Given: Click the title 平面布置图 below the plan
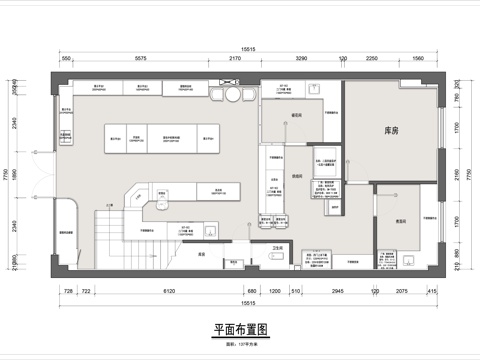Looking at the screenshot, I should point(240,329).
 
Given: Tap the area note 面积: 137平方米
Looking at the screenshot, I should point(240,341).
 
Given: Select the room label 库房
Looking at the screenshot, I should point(392,131).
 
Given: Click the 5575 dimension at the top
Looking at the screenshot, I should point(141,59).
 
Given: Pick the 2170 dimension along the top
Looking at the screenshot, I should point(235,59).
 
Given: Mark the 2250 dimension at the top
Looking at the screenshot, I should point(371,59).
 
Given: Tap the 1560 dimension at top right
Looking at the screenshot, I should point(418,59).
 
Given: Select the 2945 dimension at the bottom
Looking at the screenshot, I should point(337,290).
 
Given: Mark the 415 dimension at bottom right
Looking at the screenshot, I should point(431,290).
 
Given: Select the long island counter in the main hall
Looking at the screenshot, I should point(159,136).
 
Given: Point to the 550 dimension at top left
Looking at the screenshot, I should point(65,59).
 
